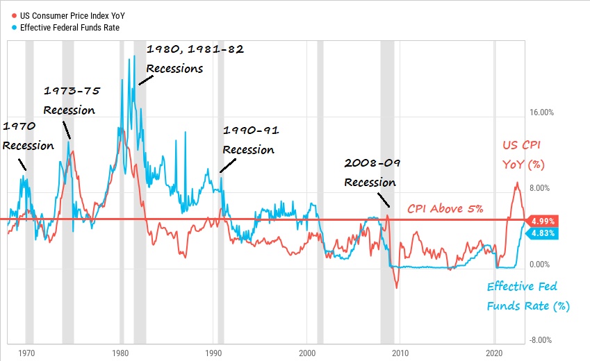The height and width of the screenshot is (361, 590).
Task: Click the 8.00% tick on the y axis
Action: pos(541,188)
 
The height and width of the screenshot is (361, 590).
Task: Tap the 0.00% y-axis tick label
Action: pos(541,265)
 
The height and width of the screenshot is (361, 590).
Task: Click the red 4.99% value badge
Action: pos(542,221)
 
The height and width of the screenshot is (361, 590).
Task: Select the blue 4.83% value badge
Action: pos(542,234)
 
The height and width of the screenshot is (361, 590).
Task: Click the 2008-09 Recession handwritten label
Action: pos(372,173)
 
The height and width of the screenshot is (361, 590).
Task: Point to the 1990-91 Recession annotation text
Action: pos(249,140)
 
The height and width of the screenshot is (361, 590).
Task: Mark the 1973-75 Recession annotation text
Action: pos(70,101)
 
